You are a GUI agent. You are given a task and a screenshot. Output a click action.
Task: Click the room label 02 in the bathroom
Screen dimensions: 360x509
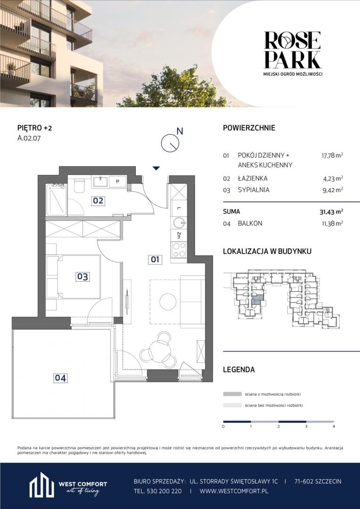click(x=98, y=201)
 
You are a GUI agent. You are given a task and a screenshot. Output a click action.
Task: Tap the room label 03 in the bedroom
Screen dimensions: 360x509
click(x=82, y=277)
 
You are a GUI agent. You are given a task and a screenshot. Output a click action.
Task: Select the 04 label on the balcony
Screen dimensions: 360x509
click(x=61, y=378)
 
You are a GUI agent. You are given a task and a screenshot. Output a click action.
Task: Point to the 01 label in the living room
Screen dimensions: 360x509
click(x=155, y=259)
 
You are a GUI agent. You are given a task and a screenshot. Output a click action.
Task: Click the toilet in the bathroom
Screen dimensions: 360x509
click(x=79, y=186)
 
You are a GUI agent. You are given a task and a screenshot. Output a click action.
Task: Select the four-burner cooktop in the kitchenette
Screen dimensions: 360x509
click(x=179, y=250)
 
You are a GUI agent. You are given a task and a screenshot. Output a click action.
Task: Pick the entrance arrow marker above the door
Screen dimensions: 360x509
click(x=156, y=168)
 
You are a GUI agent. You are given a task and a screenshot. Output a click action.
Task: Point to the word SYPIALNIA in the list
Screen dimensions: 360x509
click(x=254, y=190)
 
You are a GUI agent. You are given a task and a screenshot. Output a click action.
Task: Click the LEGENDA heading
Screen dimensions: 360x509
click(x=239, y=369)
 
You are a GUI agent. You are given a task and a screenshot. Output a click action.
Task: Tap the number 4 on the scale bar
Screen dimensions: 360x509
click(x=334, y=426)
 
